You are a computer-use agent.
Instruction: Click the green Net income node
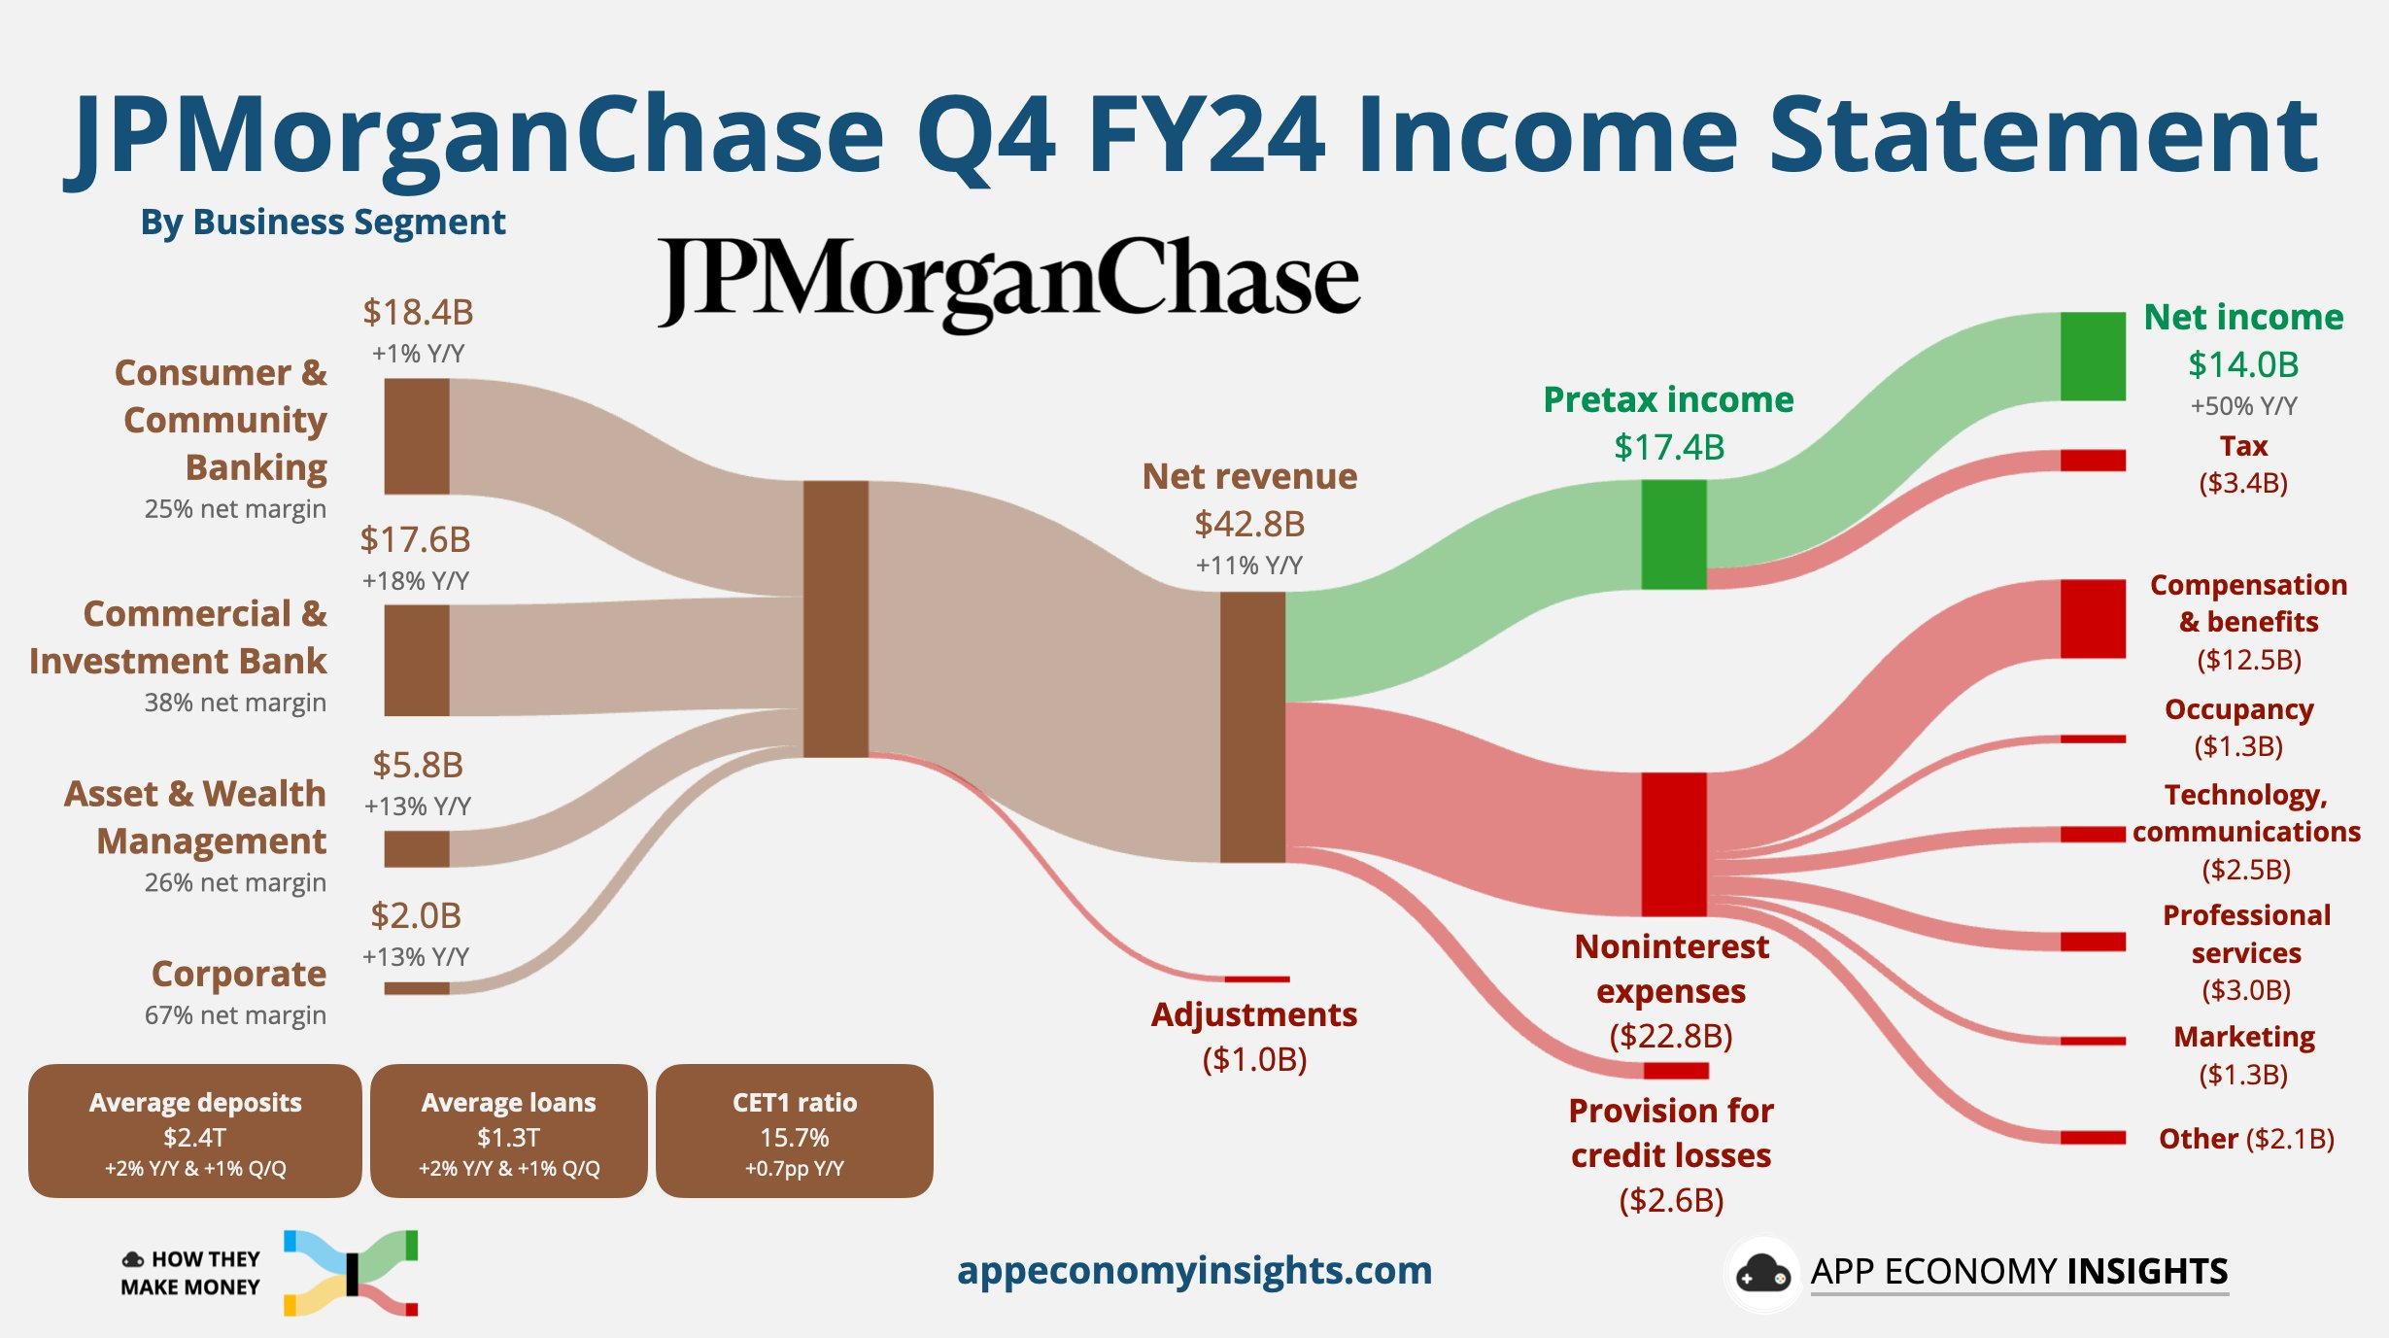pyautogui.click(x=2093, y=356)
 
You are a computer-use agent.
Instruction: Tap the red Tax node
pyautogui.click(x=2093, y=460)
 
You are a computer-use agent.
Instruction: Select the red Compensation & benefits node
pyautogui.click(x=2093, y=619)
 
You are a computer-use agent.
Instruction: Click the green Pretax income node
pyautogui.click(x=1674, y=534)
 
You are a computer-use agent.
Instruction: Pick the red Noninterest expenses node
pyautogui.click(x=1674, y=844)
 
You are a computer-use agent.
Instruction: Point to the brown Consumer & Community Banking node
pyautogui.click(x=417, y=436)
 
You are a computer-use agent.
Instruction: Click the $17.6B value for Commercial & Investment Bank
pyautogui.click(x=415, y=539)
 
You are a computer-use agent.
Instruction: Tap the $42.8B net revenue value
pyautogui.click(x=1249, y=524)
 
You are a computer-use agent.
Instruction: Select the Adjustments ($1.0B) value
pyautogui.click(x=1254, y=1059)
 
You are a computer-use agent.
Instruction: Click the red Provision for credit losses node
pyautogui.click(x=1676, y=1071)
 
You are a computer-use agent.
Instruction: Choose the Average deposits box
pyautogui.click(x=195, y=1131)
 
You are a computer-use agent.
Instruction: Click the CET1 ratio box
pyautogui.click(x=795, y=1131)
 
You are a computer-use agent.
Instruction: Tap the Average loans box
pyautogui.click(x=509, y=1131)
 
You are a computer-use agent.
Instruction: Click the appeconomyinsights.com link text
pyautogui.click(x=1194, y=1270)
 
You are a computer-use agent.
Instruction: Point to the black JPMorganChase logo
pyautogui.click(x=1008, y=282)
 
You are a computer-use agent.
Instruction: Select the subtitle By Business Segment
pyautogui.click(x=323, y=223)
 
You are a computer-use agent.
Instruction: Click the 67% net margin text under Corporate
pyautogui.click(x=235, y=1015)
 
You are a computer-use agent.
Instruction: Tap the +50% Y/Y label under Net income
pyautogui.click(x=2243, y=406)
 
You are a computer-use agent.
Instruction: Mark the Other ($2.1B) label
pyautogui.click(x=2246, y=1138)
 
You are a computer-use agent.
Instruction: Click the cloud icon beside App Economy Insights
pyautogui.click(x=1763, y=1273)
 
